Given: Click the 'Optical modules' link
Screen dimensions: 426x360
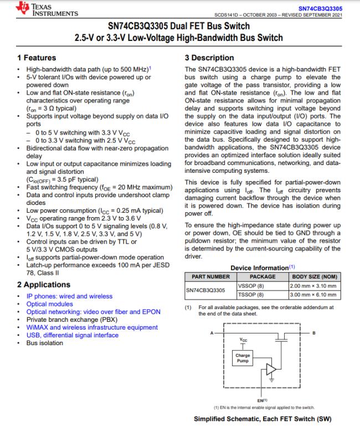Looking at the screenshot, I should [49, 304].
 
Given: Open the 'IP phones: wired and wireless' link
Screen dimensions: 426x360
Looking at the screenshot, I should [69, 296].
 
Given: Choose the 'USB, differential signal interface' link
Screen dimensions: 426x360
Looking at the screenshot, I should [72, 335].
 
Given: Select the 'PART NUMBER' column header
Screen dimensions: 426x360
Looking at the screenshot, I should [210, 276].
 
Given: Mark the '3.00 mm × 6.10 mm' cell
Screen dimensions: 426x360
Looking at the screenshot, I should [313, 295].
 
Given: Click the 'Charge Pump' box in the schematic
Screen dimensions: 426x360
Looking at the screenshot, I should [243, 358].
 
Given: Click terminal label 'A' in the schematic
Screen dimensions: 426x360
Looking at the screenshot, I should [212, 332].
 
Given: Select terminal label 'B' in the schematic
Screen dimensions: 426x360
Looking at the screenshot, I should [314, 332].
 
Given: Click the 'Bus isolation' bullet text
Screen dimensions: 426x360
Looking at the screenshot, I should [45, 343].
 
